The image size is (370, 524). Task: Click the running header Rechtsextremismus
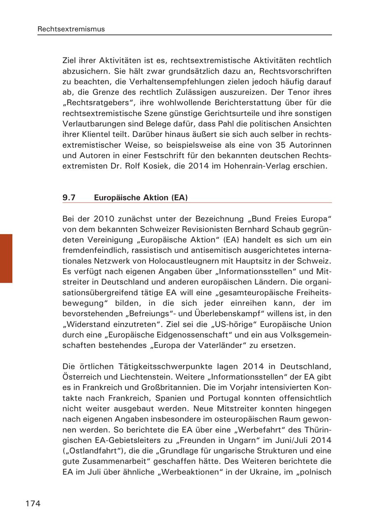pyautogui.click(x=71, y=29)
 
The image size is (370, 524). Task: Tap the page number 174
pyautogui.click(x=33, y=503)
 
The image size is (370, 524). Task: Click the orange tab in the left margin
pyautogui.click(x=6, y=258)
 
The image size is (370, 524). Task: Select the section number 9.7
pyautogui.click(x=69, y=198)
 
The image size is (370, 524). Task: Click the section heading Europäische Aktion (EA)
pyautogui.click(x=141, y=198)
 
